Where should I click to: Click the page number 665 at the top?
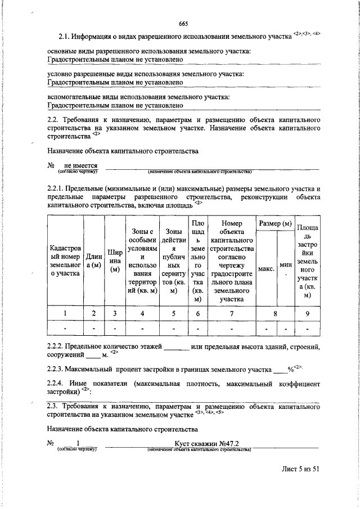point(183,23)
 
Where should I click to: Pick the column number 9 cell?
point(307,313)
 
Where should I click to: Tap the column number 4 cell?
point(142,313)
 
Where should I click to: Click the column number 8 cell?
point(274,313)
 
